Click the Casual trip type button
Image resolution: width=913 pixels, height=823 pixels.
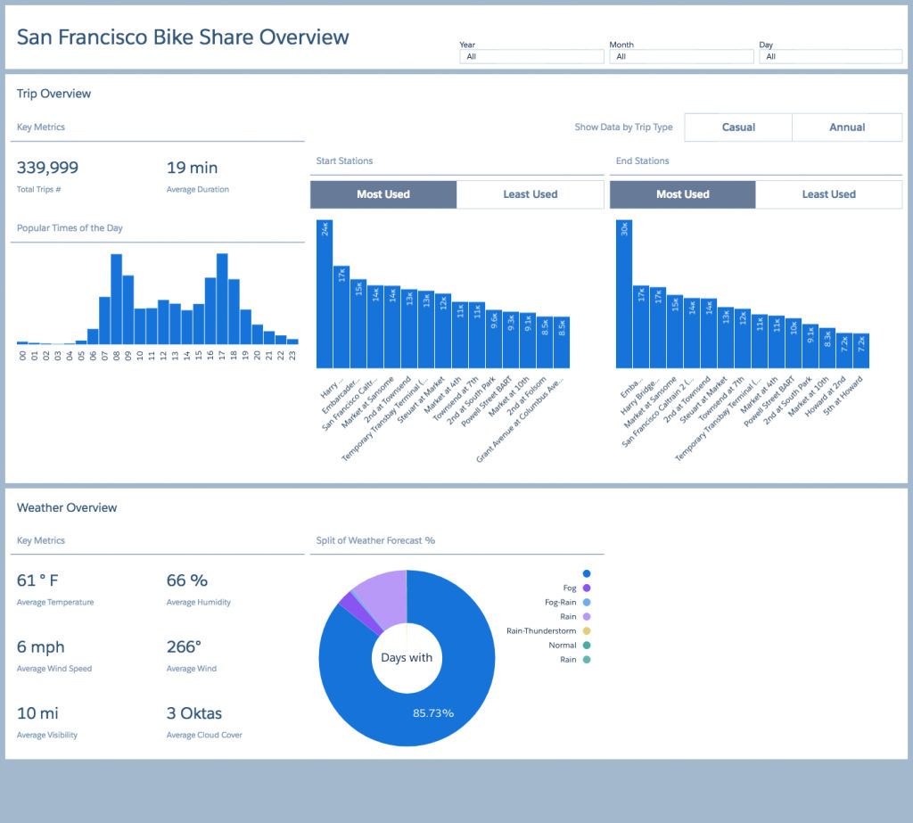(738, 127)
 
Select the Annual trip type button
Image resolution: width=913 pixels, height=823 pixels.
(847, 127)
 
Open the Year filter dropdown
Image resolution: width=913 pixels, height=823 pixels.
(531, 56)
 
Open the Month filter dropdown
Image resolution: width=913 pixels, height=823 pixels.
(681, 56)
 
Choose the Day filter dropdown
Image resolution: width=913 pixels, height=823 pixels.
(831, 56)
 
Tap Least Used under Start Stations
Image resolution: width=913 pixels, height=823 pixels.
(531, 194)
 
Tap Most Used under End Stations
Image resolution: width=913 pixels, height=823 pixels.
(682, 194)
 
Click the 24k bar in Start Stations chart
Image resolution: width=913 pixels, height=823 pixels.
(325, 294)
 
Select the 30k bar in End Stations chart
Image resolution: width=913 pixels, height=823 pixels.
(623, 294)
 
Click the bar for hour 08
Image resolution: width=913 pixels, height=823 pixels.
(117, 299)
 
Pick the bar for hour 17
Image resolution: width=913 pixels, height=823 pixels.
(222, 299)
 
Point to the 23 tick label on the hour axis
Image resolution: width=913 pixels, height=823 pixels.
(292, 355)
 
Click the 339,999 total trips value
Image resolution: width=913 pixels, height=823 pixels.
(48, 168)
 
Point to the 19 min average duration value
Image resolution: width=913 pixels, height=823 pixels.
(193, 168)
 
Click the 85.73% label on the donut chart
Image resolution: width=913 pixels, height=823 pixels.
(433, 713)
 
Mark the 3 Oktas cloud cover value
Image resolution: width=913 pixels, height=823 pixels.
(194, 713)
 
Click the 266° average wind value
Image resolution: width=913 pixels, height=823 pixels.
(184, 647)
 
